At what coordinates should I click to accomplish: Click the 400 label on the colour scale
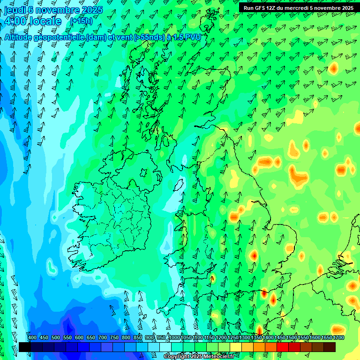coord(32,337)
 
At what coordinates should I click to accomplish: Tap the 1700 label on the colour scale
coord(339,337)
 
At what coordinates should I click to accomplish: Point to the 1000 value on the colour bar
coord(174,337)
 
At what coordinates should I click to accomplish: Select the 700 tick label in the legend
coord(103,337)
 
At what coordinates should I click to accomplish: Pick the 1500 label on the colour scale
coord(292,337)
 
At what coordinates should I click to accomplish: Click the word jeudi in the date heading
coord(15,10)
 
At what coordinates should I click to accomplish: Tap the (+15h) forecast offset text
coord(81,21)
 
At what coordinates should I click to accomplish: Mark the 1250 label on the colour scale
coord(233,337)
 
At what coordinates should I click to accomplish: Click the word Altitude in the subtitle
coord(20,37)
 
